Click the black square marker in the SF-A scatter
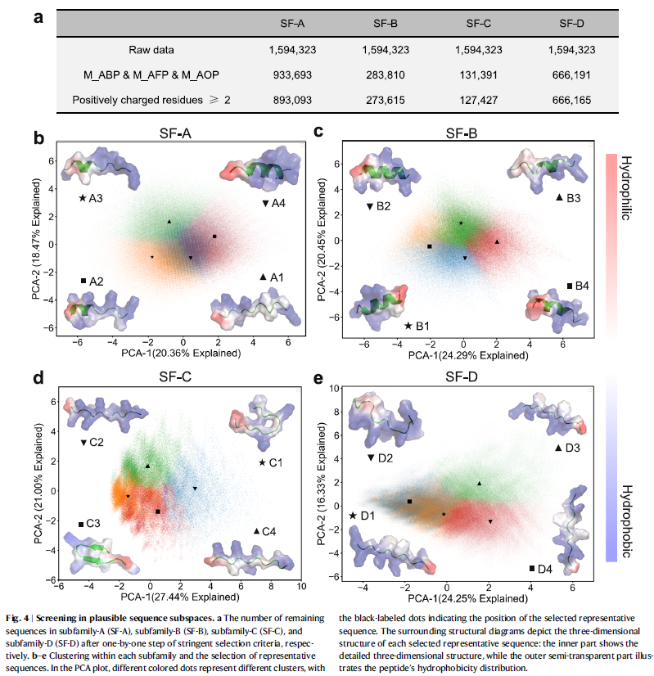coord(214,237)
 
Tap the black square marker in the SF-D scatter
coord(409,501)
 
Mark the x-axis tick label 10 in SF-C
coord(301,587)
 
